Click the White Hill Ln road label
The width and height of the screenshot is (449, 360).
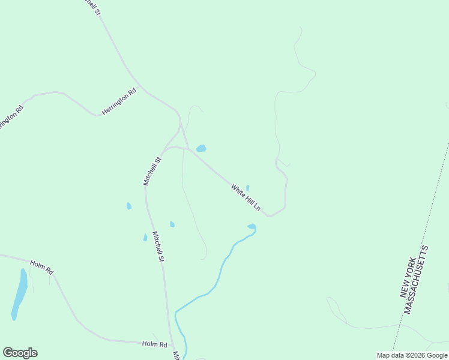246,197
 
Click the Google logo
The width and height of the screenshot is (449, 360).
20,353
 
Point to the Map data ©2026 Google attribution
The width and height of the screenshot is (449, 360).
412,355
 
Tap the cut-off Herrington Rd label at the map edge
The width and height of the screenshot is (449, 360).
10,118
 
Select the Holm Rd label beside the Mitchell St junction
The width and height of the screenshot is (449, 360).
154,344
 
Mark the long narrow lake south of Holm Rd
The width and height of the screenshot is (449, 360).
20,294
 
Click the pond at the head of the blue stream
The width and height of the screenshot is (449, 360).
252,227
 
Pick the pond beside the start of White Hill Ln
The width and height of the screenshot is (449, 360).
201,148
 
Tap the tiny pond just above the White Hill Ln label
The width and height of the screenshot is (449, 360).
247,188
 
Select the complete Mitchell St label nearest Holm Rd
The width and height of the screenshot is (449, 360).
158,247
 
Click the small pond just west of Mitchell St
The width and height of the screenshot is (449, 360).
128,206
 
